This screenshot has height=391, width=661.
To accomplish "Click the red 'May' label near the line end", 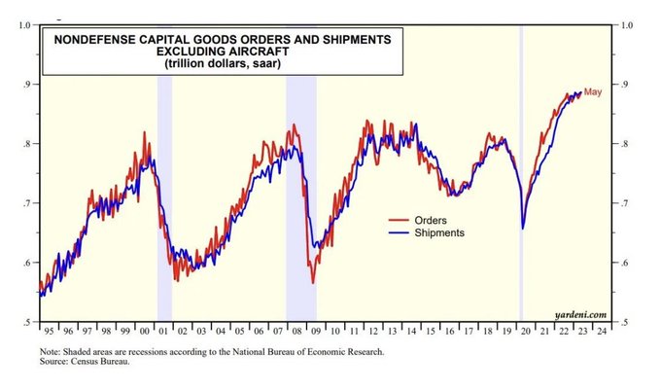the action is pyautogui.click(x=593, y=92).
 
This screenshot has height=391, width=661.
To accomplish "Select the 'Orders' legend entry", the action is pyautogui.click(x=431, y=220).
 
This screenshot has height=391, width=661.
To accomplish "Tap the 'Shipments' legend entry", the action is pyautogui.click(x=439, y=232).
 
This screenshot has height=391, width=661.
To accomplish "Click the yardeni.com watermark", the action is pyautogui.click(x=580, y=315).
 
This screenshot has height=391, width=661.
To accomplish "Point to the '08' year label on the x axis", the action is pyautogui.click(x=296, y=332).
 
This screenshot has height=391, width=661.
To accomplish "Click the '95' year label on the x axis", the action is pyautogui.click(x=49, y=332).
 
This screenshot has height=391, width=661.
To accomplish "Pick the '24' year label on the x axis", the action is pyautogui.click(x=602, y=332).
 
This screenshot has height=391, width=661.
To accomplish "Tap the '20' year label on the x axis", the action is pyautogui.click(x=525, y=332).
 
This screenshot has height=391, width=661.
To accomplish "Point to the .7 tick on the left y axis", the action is pyautogui.click(x=26, y=203).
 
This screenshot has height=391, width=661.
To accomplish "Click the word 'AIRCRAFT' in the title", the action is pyautogui.click(x=223, y=52).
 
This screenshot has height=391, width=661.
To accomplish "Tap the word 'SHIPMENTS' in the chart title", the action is pyautogui.click(x=357, y=40).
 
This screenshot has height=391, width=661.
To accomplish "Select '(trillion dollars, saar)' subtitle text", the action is pyautogui.click(x=223, y=63).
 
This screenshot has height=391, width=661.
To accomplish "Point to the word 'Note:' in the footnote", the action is pyautogui.click(x=49, y=352).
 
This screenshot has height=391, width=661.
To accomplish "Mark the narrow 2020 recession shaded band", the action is pyautogui.click(x=521, y=173).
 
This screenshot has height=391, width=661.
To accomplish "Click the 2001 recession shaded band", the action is pyautogui.click(x=165, y=198).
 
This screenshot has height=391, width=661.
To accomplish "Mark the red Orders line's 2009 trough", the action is pyautogui.click(x=313, y=283).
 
